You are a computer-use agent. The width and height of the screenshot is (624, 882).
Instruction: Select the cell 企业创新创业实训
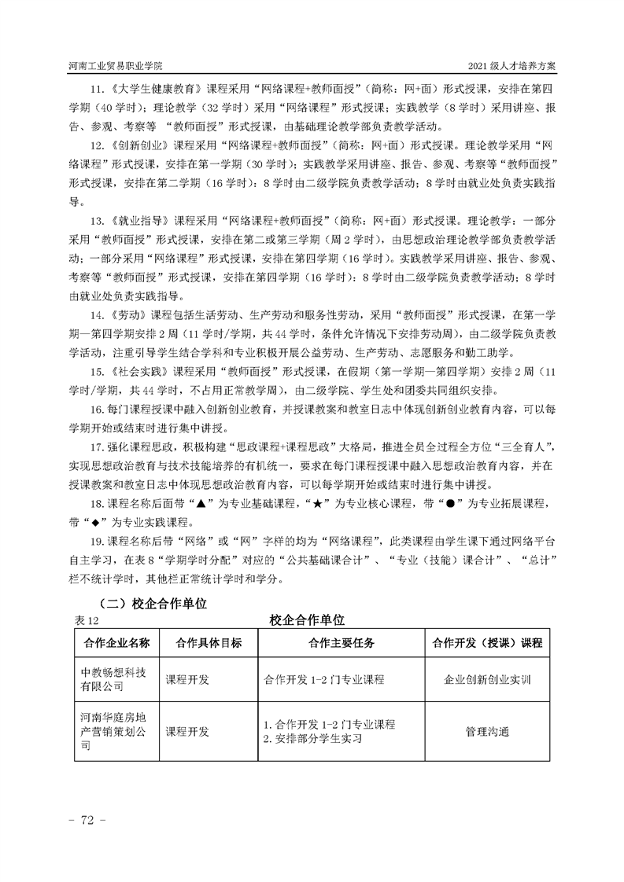(487, 679)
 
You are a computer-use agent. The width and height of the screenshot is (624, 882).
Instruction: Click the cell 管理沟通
(487, 732)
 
